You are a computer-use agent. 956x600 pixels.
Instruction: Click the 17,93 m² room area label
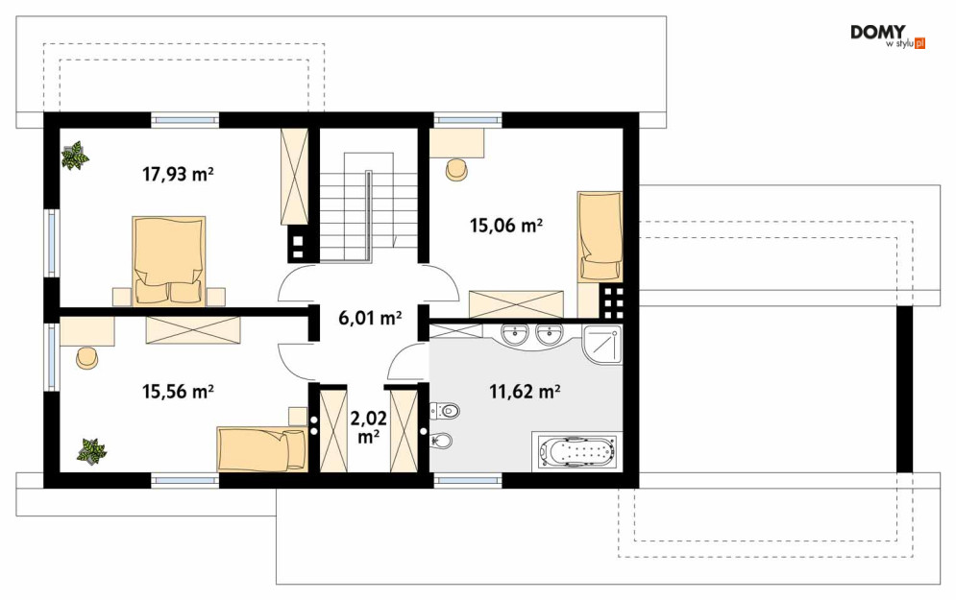click(178, 175)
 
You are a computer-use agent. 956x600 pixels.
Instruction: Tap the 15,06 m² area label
click(506, 226)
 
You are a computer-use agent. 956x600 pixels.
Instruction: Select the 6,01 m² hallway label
click(370, 318)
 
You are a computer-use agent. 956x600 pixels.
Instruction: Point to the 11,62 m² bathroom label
click(525, 391)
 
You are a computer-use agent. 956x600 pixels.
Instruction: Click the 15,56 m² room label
click(178, 391)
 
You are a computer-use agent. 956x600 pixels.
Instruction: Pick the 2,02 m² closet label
click(368, 427)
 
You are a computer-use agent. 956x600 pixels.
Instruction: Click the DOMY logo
click(888, 36)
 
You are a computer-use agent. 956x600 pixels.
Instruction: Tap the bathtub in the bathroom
click(576, 452)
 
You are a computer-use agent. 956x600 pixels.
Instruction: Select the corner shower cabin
click(601, 346)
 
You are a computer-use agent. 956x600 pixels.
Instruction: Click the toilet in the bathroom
click(443, 411)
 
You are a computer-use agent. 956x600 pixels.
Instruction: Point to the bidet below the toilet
click(442, 440)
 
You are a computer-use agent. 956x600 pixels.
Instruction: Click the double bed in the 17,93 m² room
click(168, 260)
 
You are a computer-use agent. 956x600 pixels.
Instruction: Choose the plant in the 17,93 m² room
click(75, 156)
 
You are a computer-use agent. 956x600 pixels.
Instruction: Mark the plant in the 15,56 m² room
click(91, 451)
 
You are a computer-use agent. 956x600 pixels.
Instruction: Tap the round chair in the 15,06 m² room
click(456, 170)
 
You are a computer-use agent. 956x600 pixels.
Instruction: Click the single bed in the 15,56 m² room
click(262, 449)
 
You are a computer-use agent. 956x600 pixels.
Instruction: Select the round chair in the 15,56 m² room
click(87, 358)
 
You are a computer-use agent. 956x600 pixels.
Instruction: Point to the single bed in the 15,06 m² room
click(600, 236)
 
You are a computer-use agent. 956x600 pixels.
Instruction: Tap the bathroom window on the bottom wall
click(468, 480)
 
